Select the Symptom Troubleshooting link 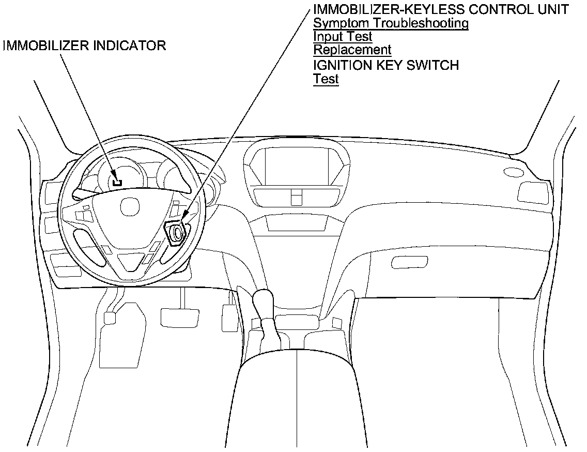click(x=391, y=23)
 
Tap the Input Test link click(x=343, y=37)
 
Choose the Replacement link click(x=352, y=50)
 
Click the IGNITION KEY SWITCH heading click(x=386, y=65)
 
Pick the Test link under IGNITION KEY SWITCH click(x=326, y=79)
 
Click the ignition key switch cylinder click(x=176, y=232)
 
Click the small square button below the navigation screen click(x=296, y=197)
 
